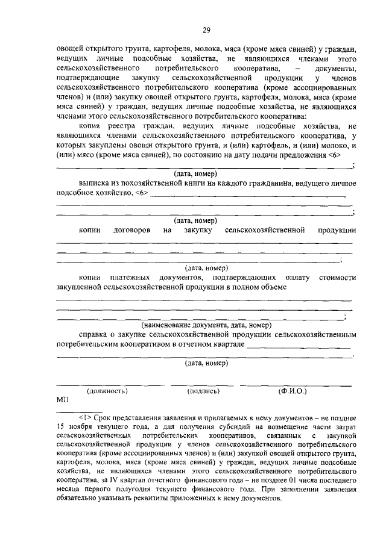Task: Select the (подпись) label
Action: tap(203, 391)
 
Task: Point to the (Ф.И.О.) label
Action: tap(293, 391)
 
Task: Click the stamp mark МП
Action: tap(63, 400)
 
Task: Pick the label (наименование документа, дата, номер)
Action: tap(207, 325)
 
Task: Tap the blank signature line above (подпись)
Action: tap(203, 384)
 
